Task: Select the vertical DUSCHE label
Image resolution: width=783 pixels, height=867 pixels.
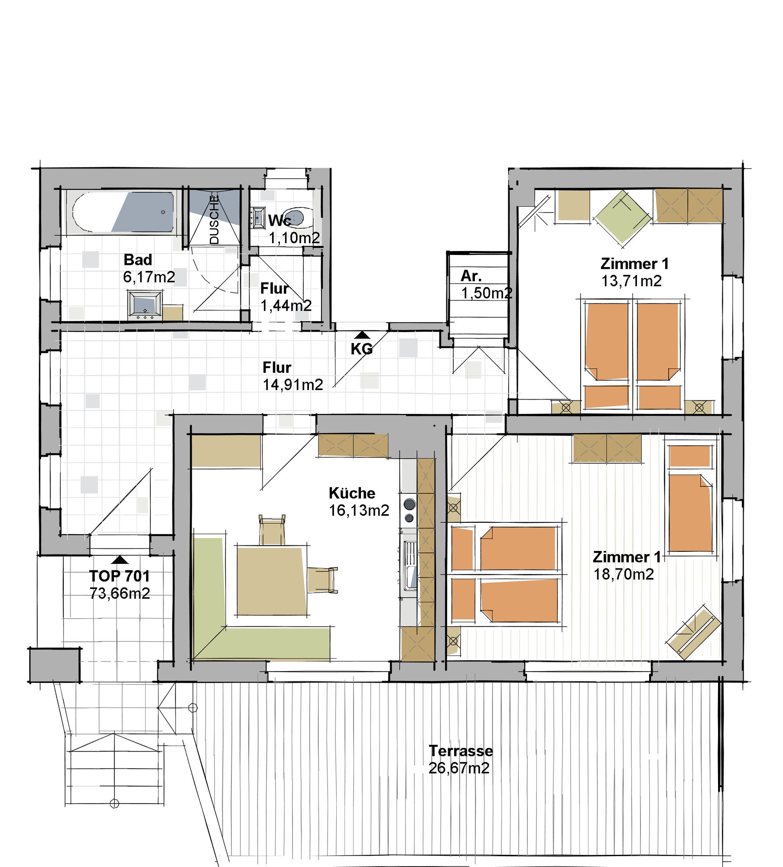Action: pos(214,220)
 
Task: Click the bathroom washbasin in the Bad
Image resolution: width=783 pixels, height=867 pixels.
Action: pos(145,305)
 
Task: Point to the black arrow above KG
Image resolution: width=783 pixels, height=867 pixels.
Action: pos(362,335)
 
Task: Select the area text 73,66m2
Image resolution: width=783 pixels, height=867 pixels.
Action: pos(120,593)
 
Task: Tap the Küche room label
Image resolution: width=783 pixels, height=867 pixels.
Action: pos(352,493)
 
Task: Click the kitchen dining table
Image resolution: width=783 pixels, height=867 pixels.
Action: pos(272,580)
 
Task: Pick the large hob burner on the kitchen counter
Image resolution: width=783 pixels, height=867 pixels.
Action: pos(409,504)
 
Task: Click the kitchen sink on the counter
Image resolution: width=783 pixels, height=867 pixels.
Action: pos(409,566)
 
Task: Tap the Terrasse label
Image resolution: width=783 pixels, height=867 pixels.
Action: pos(461,750)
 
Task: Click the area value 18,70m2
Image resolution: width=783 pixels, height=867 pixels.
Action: pos(624,574)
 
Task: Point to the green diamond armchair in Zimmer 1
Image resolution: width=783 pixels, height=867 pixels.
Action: pos(623,217)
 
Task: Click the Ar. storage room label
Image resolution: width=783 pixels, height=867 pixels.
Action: pos(471,276)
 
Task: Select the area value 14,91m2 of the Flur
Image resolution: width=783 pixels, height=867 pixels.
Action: pos(293,385)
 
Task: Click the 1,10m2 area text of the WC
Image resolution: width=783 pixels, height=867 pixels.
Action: pos(294,238)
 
